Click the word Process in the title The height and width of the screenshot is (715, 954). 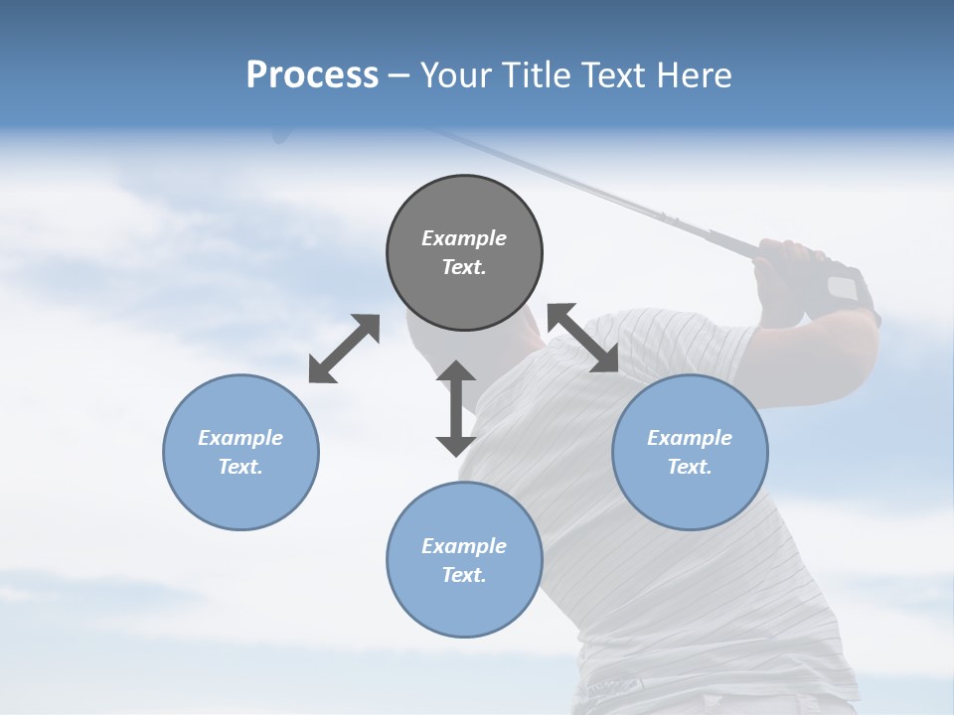pos(312,75)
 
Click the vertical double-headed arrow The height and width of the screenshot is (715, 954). pos(456,408)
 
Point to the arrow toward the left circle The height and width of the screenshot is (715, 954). pos(344,349)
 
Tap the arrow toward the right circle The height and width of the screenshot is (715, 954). pos(583,339)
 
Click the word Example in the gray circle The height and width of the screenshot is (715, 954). pos(464,238)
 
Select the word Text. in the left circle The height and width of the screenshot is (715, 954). pos(240,467)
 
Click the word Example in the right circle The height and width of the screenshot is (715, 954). pos(690,438)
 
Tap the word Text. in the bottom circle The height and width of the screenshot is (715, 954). pos(464,575)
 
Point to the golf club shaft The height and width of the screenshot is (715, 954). pos(616,194)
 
